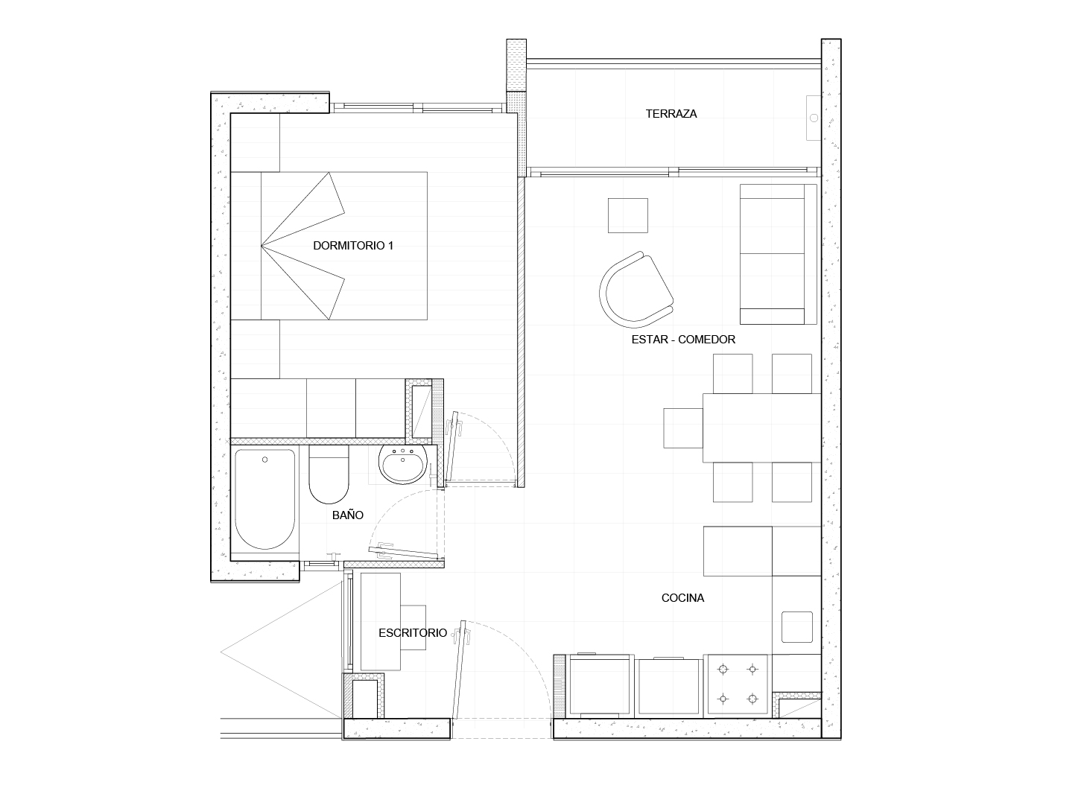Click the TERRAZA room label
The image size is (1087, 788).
671,113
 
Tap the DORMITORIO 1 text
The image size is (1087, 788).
353,246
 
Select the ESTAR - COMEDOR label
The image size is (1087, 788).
683,340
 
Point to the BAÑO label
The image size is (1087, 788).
347,515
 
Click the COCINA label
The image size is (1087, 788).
682,598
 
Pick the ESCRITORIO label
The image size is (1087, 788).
413,633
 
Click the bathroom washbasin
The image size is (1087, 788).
403,464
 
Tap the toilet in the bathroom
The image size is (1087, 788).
329,474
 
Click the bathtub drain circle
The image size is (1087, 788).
265,460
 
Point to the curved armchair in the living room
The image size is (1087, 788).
636,290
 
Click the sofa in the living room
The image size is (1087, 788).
779,254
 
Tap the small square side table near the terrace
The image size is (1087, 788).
628,215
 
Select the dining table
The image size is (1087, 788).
762,428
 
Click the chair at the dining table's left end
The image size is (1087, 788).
683,428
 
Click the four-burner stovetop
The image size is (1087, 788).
738,684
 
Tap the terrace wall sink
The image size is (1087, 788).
814,118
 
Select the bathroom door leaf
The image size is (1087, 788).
404,552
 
